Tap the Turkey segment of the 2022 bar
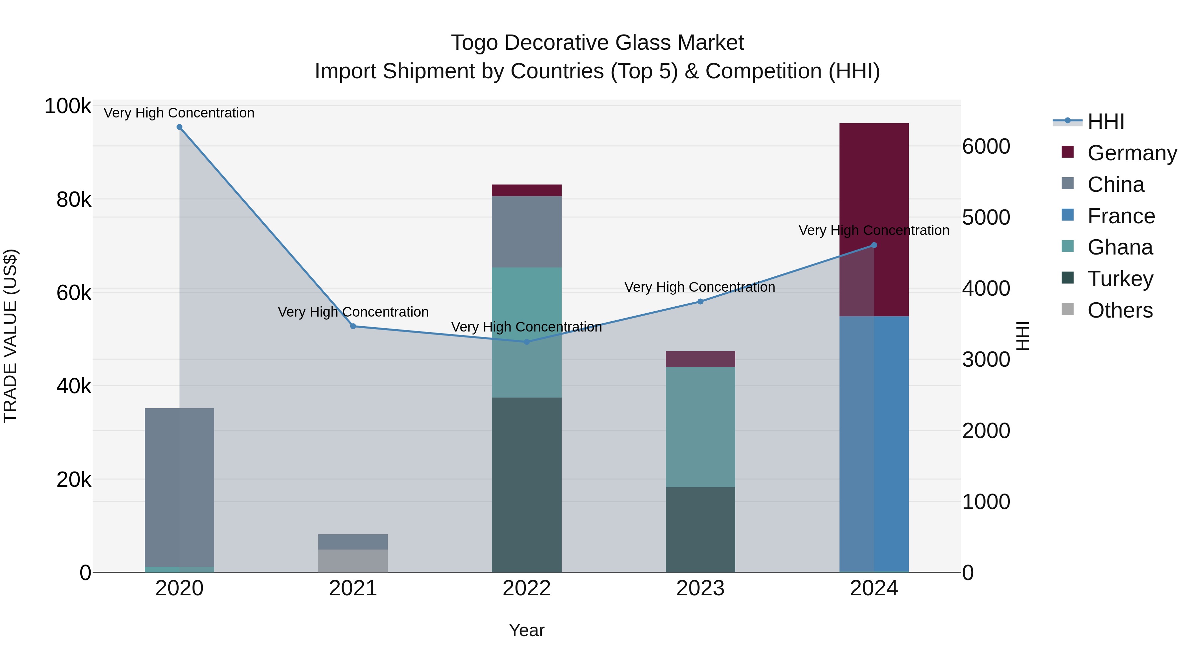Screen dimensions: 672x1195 click(x=526, y=485)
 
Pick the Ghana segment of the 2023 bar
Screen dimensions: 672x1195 click(x=700, y=427)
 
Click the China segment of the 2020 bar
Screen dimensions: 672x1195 click(x=180, y=487)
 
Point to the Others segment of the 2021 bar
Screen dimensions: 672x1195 click(x=353, y=561)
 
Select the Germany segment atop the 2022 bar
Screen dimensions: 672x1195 click(x=526, y=190)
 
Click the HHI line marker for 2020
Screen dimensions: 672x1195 click(x=180, y=127)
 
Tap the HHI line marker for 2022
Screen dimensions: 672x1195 click(x=526, y=342)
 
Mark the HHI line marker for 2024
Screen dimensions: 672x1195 click(x=874, y=245)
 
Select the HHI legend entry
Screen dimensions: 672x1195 click(x=1105, y=121)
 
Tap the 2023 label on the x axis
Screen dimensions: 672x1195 click(x=700, y=588)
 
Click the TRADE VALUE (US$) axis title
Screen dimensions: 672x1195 click(x=10, y=336)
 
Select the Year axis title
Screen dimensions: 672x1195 click(x=526, y=630)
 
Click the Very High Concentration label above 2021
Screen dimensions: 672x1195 click(x=353, y=312)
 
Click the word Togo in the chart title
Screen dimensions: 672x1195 click(x=475, y=43)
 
